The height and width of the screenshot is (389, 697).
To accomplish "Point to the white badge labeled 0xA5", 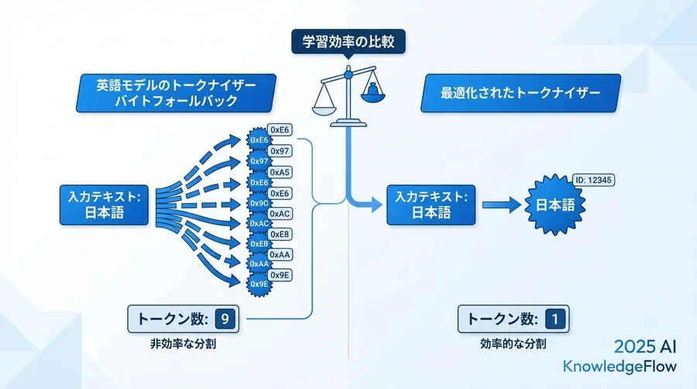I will pyautogui.click(x=280, y=171).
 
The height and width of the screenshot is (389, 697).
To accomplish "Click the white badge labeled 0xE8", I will pyautogui.click(x=280, y=234).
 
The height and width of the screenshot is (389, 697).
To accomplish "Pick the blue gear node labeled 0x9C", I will pyautogui.click(x=259, y=203).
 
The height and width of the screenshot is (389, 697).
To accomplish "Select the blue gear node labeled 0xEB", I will pyautogui.click(x=259, y=243).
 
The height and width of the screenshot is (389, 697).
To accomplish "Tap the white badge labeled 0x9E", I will pyautogui.click(x=280, y=275).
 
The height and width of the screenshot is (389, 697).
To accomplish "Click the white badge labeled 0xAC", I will pyautogui.click(x=280, y=213).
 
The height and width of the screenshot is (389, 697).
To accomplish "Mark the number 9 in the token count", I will pyautogui.click(x=224, y=318).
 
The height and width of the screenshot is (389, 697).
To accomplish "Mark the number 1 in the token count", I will pyautogui.click(x=555, y=318).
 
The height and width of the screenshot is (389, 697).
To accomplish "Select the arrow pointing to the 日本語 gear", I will pyautogui.click(x=502, y=205).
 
